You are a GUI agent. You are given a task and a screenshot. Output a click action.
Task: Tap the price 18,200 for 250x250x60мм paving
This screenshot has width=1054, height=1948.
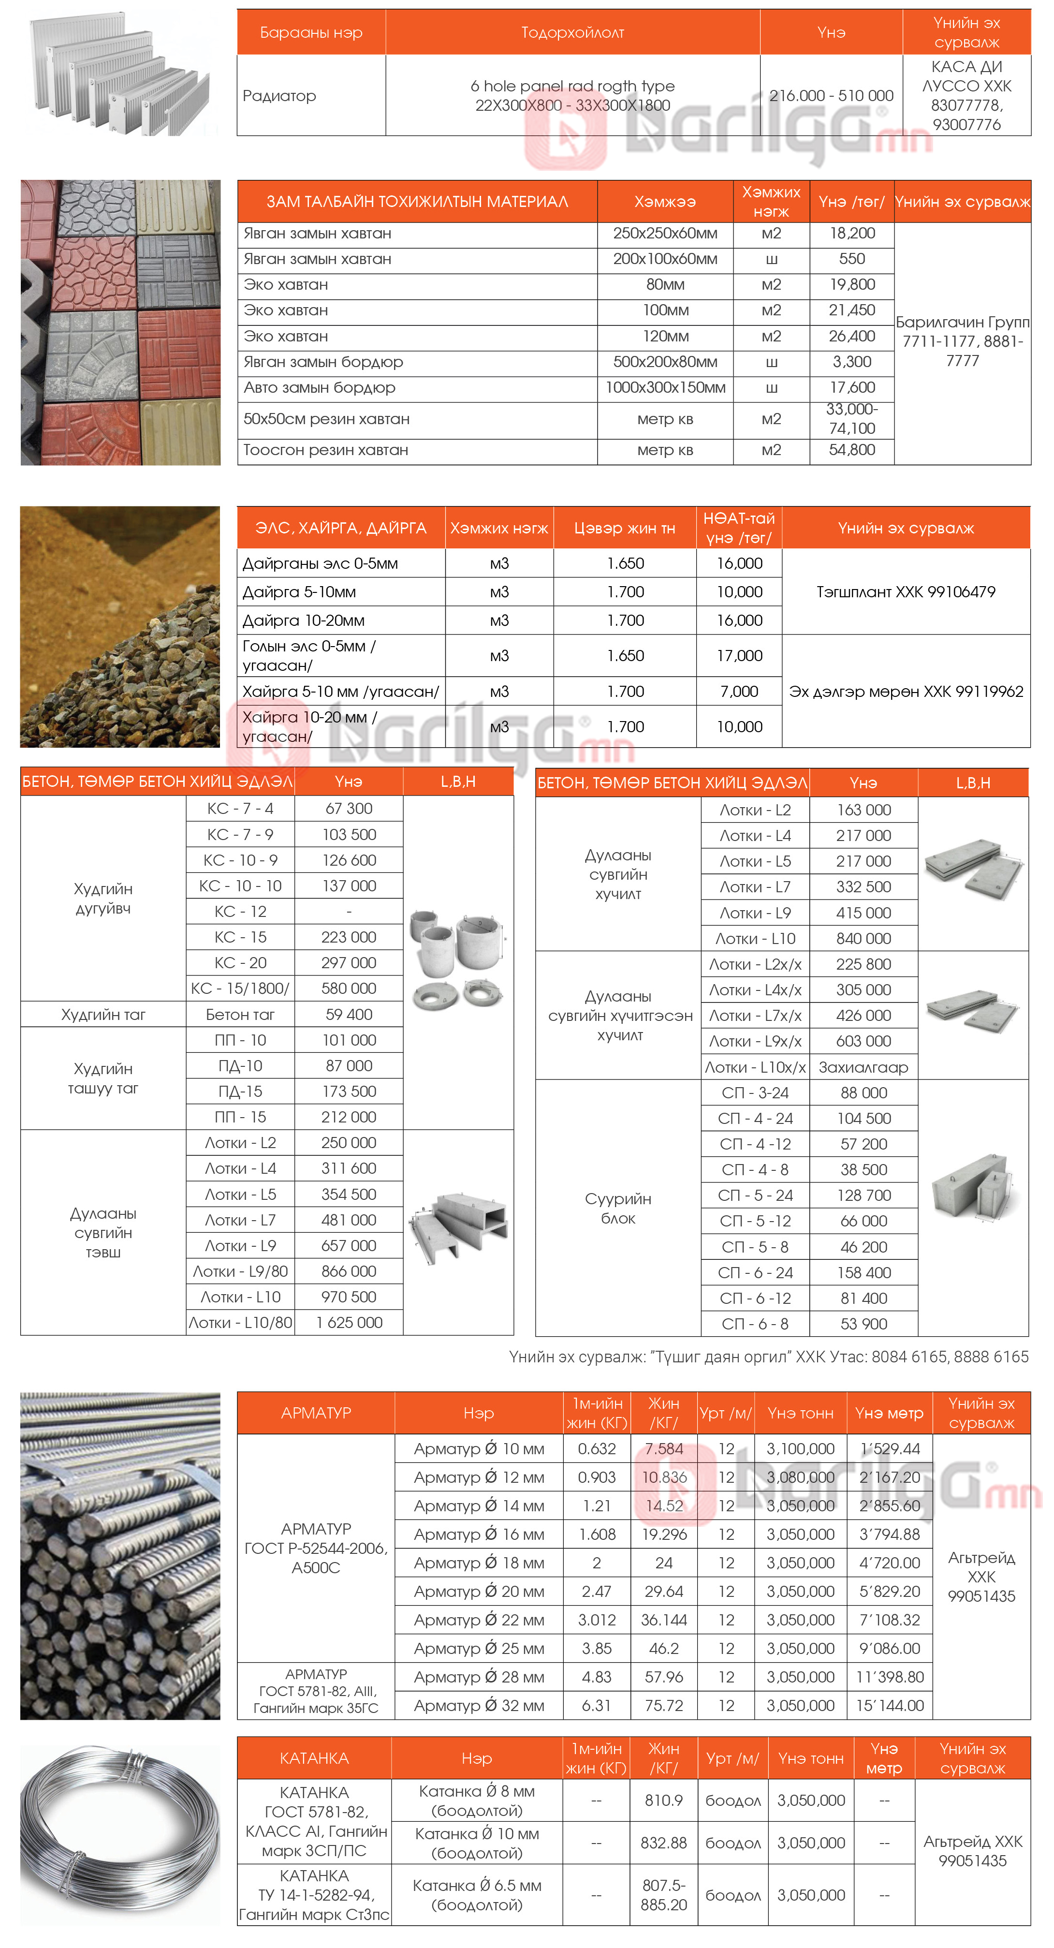pyautogui.click(x=851, y=234)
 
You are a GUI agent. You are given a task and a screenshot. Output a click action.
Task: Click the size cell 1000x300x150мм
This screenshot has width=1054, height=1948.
pyautogui.click(x=665, y=388)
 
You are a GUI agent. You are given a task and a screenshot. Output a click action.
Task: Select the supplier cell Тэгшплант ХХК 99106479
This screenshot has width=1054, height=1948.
pyautogui.click(x=905, y=592)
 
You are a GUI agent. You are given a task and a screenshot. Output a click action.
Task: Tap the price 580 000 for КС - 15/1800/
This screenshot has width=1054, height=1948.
pyautogui.click(x=349, y=989)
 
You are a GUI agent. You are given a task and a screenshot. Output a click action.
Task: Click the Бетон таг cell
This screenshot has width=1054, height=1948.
pyautogui.click(x=240, y=1015)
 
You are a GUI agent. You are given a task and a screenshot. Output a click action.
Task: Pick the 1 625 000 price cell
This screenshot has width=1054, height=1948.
pyautogui.click(x=349, y=1323)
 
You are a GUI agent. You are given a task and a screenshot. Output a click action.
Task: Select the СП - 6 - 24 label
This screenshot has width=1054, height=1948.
pyautogui.click(x=755, y=1273)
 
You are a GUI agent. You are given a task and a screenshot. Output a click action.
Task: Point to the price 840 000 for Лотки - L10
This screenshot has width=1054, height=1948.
pyautogui.click(x=864, y=939)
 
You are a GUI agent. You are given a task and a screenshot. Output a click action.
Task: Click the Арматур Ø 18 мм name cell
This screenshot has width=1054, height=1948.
pyautogui.click(x=479, y=1563)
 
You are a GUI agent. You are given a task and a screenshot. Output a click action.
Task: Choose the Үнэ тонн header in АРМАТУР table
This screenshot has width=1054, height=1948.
pyautogui.click(x=800, y=1413)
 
